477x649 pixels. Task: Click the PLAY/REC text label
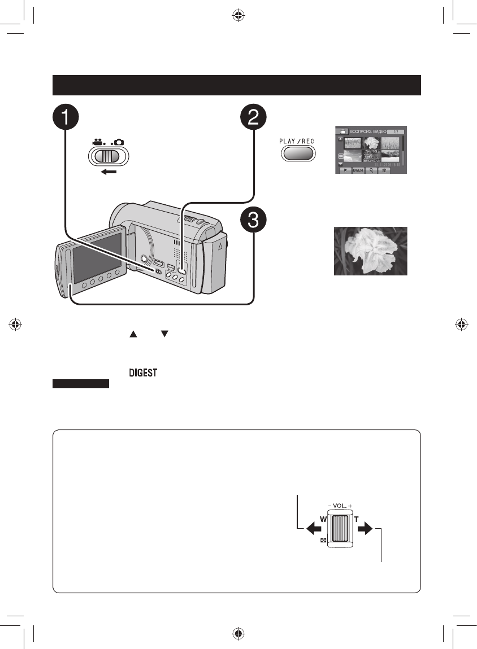point(296,141)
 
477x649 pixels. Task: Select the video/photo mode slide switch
point(109,156)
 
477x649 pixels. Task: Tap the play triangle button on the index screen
point(343,169)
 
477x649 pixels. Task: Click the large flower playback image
point(370,251)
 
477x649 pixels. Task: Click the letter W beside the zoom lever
point(322,519)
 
